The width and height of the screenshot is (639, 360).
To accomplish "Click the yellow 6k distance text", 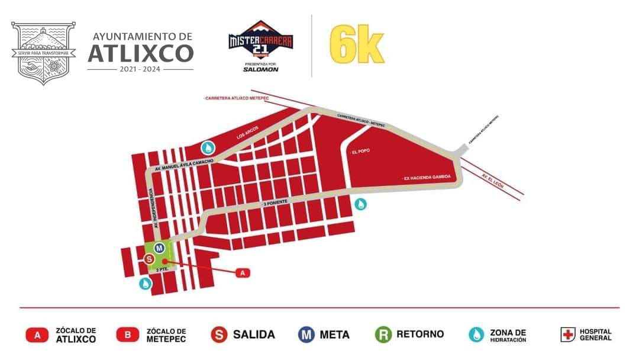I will (x=357, y=46).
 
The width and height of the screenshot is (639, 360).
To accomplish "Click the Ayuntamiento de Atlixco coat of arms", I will (x=44, y=53).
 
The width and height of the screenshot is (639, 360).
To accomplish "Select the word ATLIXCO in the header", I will (x=140, y=54).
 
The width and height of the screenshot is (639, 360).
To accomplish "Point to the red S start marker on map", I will (x=150, y=259).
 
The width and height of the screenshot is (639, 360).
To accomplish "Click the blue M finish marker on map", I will (x=159, y=247).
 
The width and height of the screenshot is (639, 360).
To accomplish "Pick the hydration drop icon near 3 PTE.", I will (x=145, y=284).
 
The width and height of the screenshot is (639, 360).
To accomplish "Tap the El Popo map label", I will (x=359, y=152).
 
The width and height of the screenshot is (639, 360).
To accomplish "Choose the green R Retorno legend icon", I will (x=383, y=335).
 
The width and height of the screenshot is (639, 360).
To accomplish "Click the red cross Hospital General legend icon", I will (x=568, y=335).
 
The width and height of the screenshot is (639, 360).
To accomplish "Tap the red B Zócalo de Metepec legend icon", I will (x=127, y=335).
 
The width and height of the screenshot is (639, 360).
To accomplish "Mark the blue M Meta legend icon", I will (x=306, y=335).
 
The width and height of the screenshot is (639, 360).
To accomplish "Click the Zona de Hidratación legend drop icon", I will (x=476, y=335).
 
